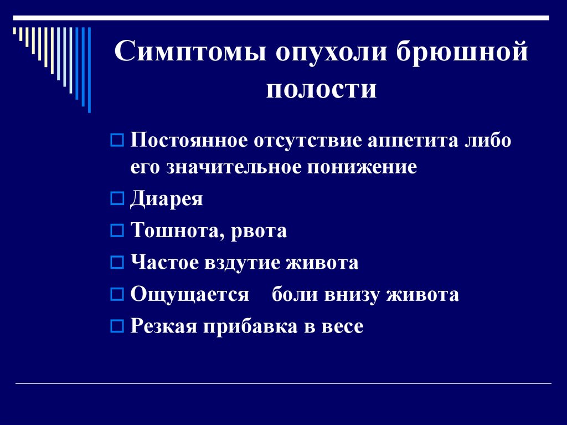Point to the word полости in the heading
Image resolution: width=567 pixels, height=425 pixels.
pyautogui.click(x=321, y=89)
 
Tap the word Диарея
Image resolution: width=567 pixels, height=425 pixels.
pyautogui.click(x=167, y=198)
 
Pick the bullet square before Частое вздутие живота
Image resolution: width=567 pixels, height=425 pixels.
pyautogui.click(x=116, y=263)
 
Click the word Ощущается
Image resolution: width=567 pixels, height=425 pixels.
pyautogui.click(x=190, y=295)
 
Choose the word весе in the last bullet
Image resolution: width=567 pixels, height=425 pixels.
pyautogui.click(x=342, y=326)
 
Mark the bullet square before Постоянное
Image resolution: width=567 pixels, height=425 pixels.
pyautogui.click(x=116, y=141)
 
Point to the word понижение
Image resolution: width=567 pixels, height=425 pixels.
pyautogui.click(x=360, y=167)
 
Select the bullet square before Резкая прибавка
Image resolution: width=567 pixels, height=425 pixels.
pyautogui.click(x=116, y=327)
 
